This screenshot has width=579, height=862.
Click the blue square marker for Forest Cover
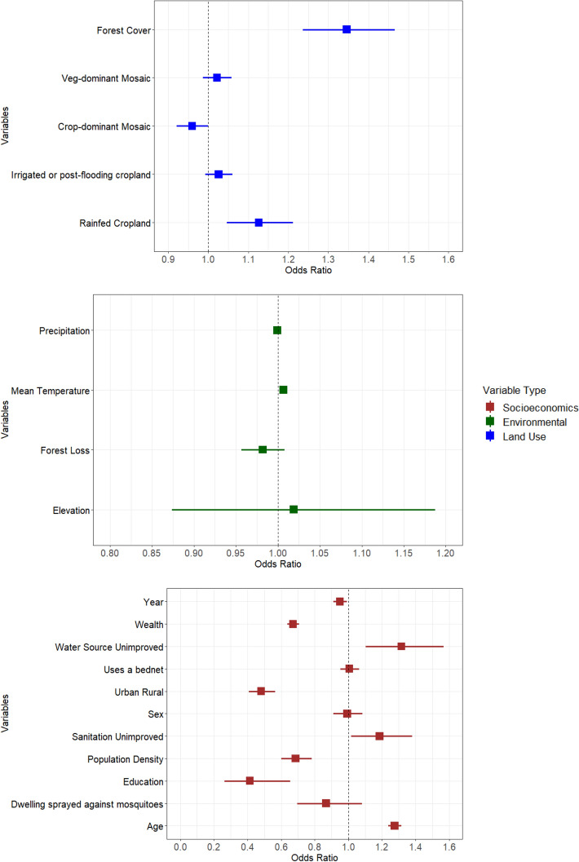347,29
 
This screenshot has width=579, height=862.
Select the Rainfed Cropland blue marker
259,223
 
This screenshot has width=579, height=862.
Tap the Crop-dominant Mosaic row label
104,126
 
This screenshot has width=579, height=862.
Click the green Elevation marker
294,510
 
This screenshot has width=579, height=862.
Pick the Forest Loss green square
263,449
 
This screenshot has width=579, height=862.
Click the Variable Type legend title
513,390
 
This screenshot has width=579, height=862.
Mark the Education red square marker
250,781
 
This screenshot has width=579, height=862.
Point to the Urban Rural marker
261,691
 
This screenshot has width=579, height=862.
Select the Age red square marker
395,826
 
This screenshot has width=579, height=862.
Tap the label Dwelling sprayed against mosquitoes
86,804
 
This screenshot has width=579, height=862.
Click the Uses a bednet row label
132,670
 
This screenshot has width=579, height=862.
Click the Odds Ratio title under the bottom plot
314,856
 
